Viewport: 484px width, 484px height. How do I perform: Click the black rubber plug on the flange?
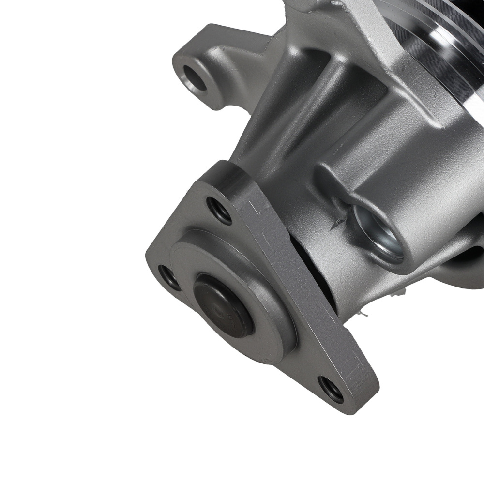pos(223,305)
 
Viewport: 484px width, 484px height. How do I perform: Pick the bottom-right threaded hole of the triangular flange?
pos(331,389)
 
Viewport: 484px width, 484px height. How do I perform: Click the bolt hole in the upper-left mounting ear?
pos(195,78)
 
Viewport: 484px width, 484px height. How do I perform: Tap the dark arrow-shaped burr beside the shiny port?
pos(337,223)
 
